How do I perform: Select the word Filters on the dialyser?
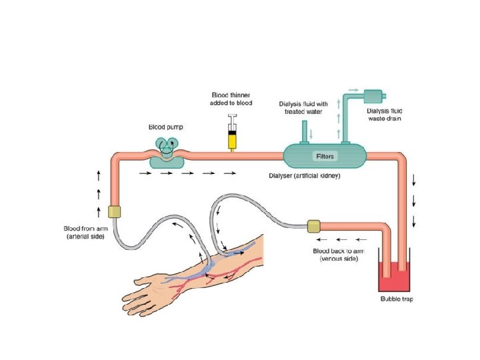point(325,157)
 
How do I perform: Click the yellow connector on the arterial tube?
point(113,212)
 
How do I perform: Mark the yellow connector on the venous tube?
point(313,226)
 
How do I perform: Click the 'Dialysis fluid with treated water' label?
point(303,108)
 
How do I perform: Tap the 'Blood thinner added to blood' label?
point(233,99)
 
